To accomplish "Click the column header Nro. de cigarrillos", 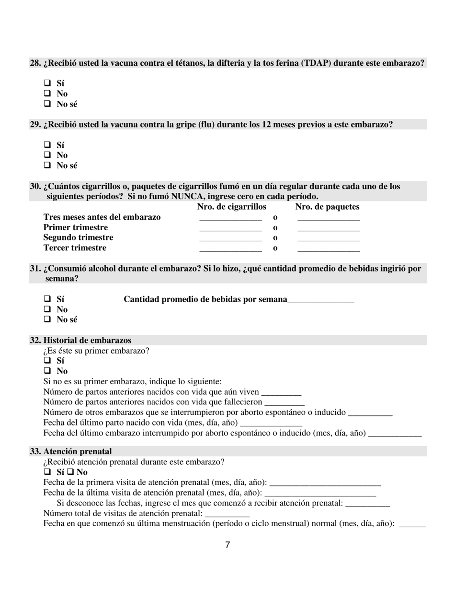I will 231,207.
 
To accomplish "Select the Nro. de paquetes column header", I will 327,207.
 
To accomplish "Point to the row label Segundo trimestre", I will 78,237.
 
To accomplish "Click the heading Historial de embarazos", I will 87,340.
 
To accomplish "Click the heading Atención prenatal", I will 77,451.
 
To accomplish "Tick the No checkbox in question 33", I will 70,472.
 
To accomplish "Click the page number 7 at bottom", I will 227,545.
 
